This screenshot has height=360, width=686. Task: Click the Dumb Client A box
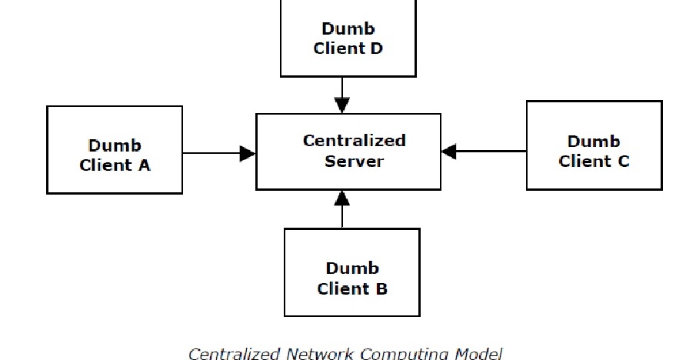coord(115,150)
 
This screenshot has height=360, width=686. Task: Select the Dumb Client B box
coord(351,272)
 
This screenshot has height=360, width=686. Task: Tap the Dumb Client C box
coord(594,145)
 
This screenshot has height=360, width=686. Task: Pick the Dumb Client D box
coord(348,38)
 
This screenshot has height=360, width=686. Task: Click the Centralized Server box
coord(348,152)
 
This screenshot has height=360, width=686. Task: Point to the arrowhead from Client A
coord(247,154)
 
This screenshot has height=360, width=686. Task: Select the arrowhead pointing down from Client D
coord(342,105)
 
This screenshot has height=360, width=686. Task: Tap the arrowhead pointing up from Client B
coord(342,198)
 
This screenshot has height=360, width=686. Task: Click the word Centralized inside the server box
coord(354,141)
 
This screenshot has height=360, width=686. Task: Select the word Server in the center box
coord(354,162)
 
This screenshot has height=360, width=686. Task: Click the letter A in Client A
coord(144,165)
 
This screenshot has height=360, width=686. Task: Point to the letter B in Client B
coord(381,289)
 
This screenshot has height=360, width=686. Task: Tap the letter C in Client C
coord(623,162)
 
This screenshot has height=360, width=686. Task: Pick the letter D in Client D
coord(376,48)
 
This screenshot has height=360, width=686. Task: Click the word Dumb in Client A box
coord(115,145)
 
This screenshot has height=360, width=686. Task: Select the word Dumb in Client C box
coord(594,142)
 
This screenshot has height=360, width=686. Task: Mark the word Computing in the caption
coord(401,354)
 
